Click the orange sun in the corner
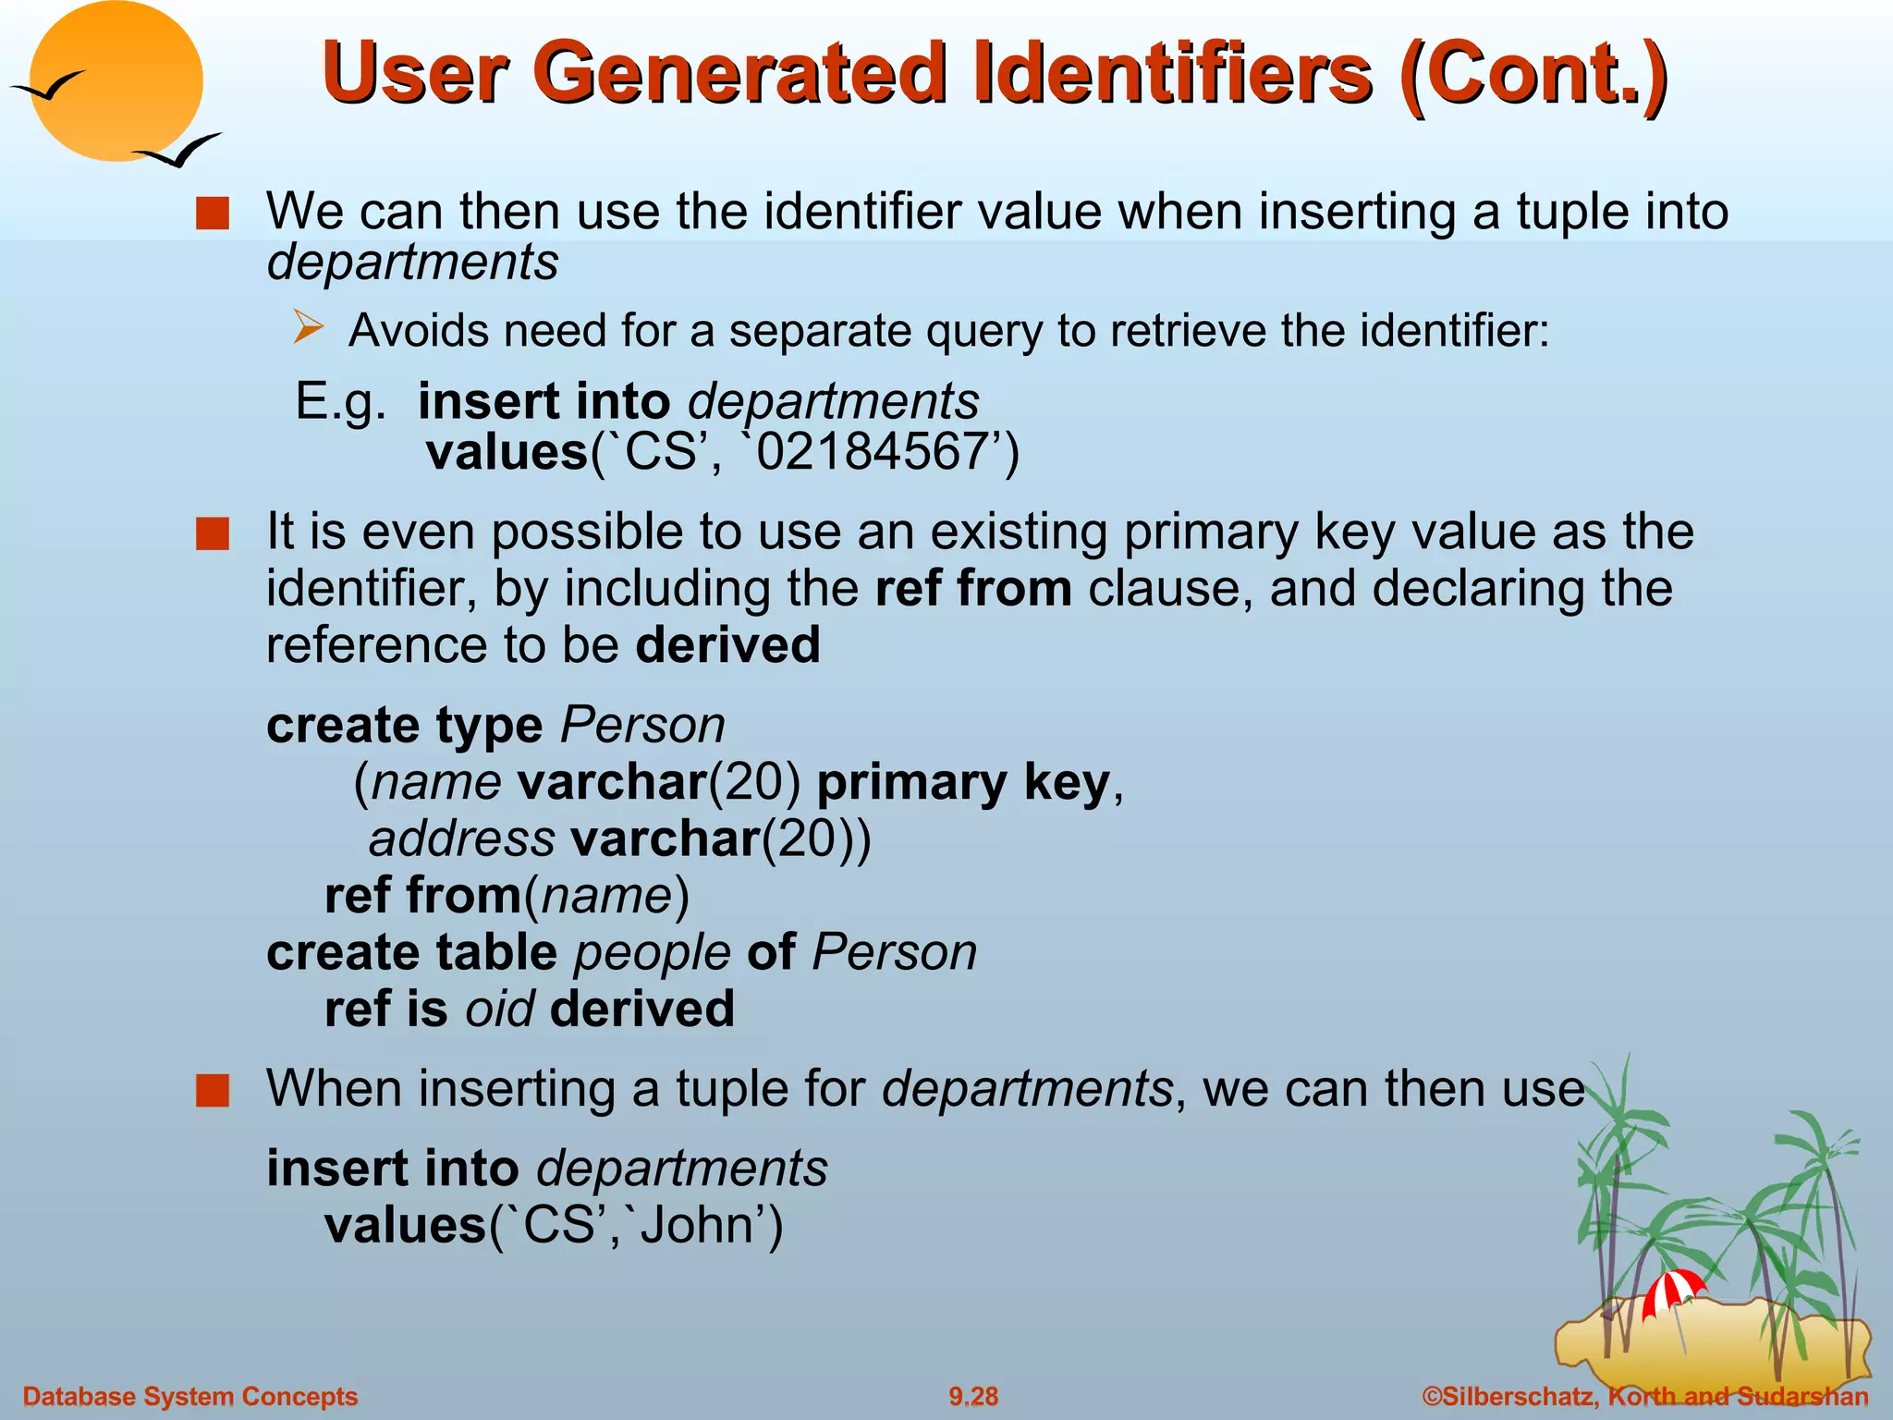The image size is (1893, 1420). click(x=116, y=81)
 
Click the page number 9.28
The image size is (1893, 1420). click(x=973, y=1396)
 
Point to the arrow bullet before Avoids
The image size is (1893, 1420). click(x=309, y=328)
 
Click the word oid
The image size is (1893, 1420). click(x=499, y=1009)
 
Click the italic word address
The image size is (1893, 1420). click(x=462, y=839)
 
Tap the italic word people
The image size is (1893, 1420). click(x=653, y=952)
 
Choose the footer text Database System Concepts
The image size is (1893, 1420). click(x=189, y=1396)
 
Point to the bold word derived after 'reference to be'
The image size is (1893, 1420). click(x=727, y=644)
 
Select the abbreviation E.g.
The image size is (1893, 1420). click(x=340, y=402)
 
